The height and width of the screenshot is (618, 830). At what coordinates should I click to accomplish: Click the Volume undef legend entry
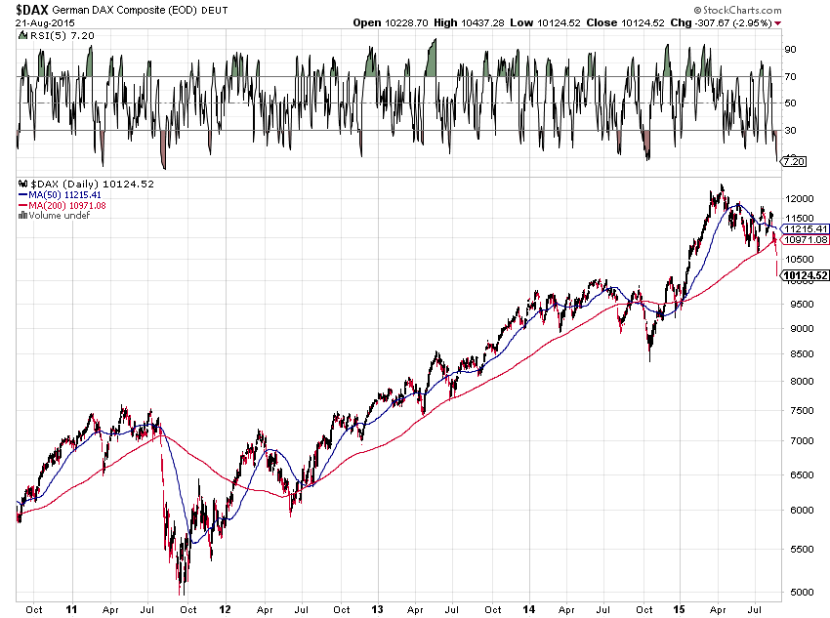57,215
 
